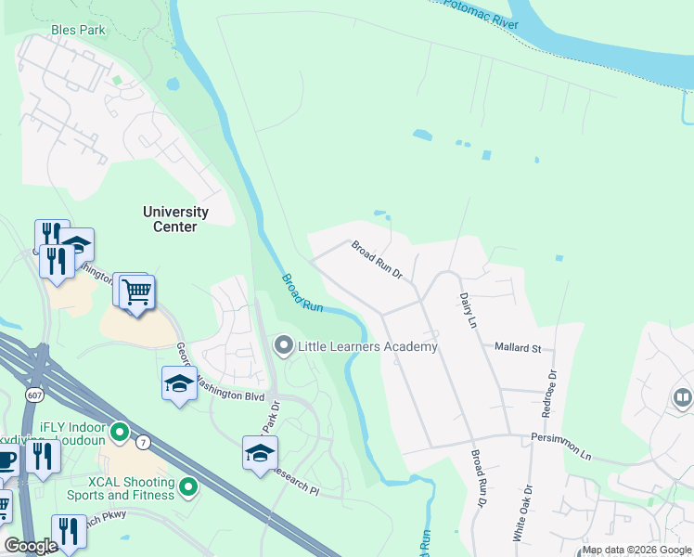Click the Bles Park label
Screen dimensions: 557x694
78,31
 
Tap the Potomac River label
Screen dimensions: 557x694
480,13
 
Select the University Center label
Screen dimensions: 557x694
175,219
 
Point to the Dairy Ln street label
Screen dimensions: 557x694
468,310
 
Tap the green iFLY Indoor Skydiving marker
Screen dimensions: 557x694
119,433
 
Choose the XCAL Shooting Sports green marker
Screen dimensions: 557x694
188,486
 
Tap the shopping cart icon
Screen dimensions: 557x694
137,292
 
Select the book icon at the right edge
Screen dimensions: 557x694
683,399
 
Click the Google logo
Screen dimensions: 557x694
31,546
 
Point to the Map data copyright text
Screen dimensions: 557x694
636,550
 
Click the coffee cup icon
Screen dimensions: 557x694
6,460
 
